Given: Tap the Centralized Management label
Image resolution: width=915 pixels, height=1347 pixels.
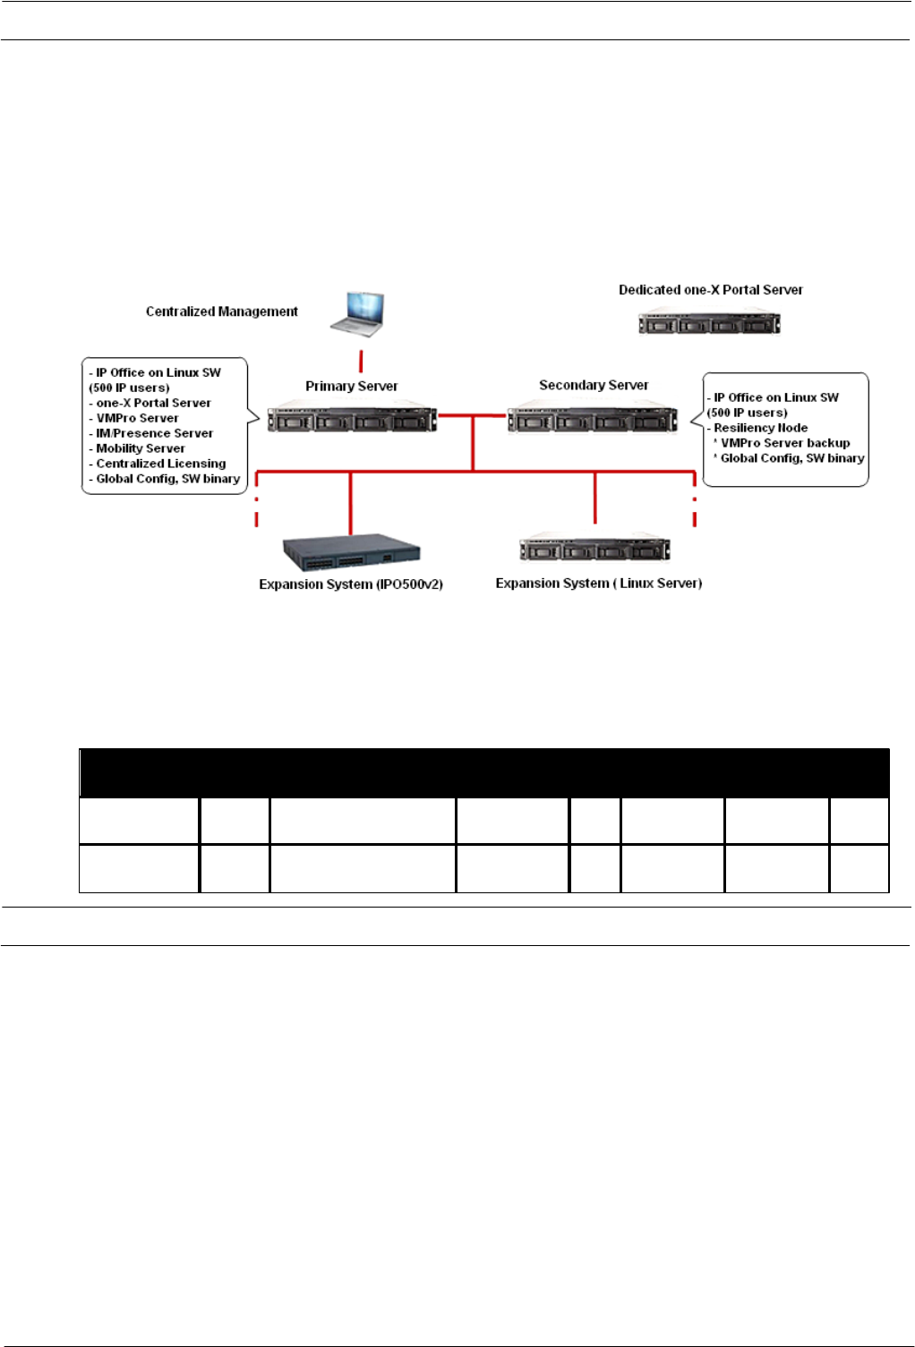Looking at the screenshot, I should click(x=222, y=311).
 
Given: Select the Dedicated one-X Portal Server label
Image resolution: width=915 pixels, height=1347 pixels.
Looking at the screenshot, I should click(x=710, y=290).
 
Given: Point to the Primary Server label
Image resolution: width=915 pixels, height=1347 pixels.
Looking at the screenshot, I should click(x=351, y=386).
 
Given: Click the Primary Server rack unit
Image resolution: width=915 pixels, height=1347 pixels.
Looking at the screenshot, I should click(x=352, y=419).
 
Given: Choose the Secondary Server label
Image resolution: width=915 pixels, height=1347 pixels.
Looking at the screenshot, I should click(x=594, y=385).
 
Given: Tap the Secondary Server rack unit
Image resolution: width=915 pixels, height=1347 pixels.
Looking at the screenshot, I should click(x=593, y=419).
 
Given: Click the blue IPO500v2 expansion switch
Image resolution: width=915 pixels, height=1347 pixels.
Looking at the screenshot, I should click(x=351, y=552).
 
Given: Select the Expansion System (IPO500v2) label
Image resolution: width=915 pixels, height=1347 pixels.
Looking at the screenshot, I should click(x=351, y=584).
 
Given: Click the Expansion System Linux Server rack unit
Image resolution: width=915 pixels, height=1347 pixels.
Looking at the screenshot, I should click(x=594, y=549).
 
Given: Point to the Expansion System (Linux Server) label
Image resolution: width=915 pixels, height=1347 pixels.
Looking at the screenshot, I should click(x=598, y=584).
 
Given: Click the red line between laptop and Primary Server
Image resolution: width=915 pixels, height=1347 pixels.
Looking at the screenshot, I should click(x=361, y=361).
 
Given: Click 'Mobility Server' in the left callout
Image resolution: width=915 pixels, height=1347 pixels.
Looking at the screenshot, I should click(x=141, y=448).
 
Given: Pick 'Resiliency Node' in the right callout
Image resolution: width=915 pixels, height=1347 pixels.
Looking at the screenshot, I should click(x=760, y=428).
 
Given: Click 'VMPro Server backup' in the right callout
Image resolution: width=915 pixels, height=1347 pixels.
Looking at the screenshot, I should click(x=785, y=443).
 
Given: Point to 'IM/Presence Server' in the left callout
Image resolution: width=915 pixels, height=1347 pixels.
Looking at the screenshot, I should click(x=154, y=433).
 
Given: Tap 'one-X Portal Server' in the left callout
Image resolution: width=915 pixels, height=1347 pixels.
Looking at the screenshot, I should click(x=153, y=403).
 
